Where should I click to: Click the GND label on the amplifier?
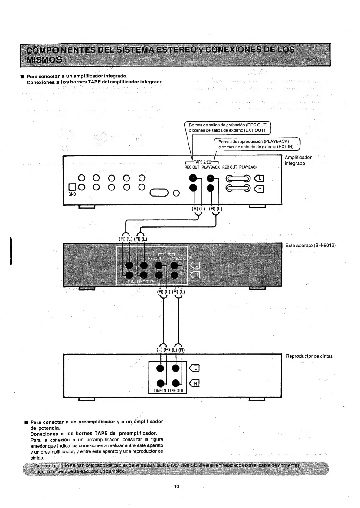(72, 194)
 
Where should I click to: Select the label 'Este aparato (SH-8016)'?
(310, 245)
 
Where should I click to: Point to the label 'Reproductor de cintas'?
(309, 356)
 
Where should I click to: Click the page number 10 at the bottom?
(177, 487)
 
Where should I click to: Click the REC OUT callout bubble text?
(227, 128)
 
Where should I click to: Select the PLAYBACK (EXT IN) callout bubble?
(256, 144)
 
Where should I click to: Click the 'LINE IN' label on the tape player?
(160, 390)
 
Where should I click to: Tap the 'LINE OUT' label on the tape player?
(176, 390)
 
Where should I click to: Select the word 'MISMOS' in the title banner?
(44, 59)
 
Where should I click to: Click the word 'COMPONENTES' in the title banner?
(60, 50)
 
